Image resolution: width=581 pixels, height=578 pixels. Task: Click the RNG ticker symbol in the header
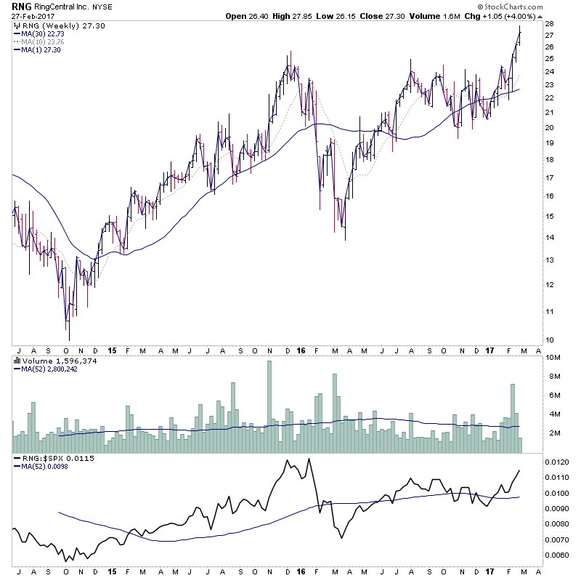point(20,7)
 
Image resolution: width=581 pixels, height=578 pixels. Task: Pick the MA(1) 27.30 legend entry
point(40,49)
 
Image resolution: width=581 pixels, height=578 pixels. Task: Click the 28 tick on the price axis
point(550,24)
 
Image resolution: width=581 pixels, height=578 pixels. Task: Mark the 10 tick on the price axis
point(550,340)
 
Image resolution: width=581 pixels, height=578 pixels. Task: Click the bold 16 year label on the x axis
point(301,350)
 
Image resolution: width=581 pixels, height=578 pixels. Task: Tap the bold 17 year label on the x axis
point(488,350)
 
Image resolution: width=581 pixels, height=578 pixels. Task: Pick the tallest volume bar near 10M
point(269,400)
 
